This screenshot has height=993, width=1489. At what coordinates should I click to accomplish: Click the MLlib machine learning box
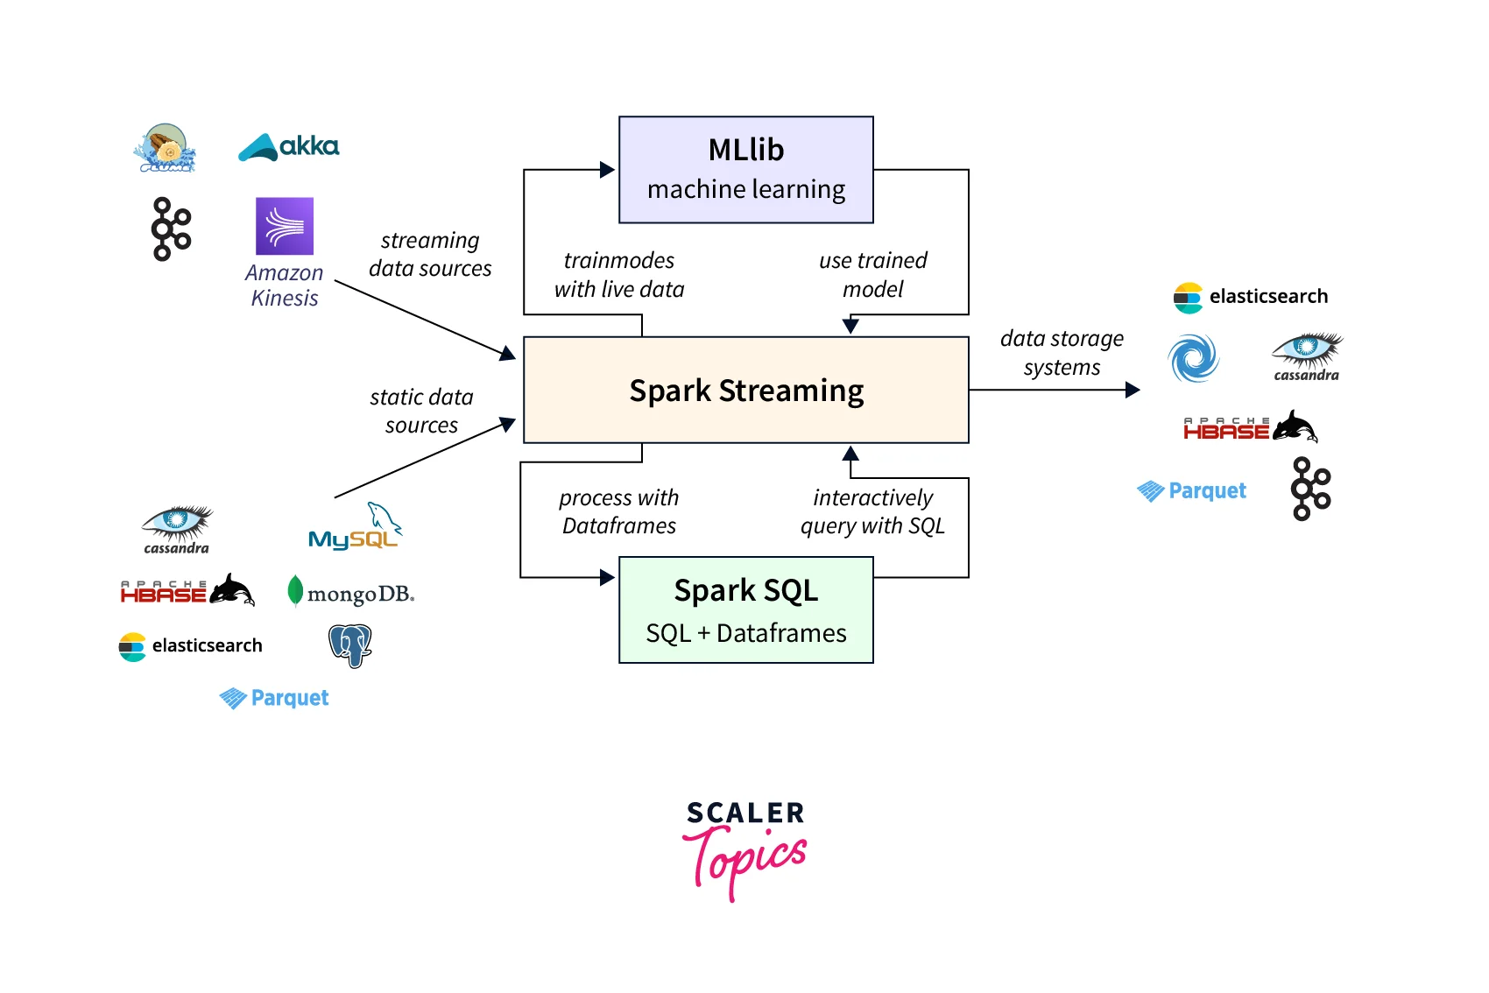(745, 169)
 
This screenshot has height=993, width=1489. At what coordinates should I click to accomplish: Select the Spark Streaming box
(745, 390)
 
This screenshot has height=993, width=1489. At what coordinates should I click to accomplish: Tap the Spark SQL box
(745, 609)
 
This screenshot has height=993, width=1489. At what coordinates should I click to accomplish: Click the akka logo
(289, 147)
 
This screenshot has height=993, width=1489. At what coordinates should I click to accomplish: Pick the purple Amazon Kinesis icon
(284, 226)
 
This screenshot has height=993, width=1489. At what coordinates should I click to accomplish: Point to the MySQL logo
(355, 527)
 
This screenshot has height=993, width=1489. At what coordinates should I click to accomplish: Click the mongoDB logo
(350, 593)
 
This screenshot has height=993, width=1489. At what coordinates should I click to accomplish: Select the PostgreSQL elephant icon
(350, 645)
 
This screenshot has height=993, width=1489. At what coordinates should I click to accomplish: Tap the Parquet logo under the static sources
(274, 698)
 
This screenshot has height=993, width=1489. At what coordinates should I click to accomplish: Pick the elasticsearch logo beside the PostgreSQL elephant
(191, 646)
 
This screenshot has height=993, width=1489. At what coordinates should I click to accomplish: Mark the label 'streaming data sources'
(430, 254)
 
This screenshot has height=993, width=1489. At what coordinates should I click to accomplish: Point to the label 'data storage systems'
(1062, 352)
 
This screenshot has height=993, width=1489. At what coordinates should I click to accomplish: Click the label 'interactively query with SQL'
(872, 511)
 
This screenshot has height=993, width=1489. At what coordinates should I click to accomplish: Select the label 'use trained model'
(872, 274)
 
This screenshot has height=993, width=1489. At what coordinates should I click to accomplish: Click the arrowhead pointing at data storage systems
(1133, 390)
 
